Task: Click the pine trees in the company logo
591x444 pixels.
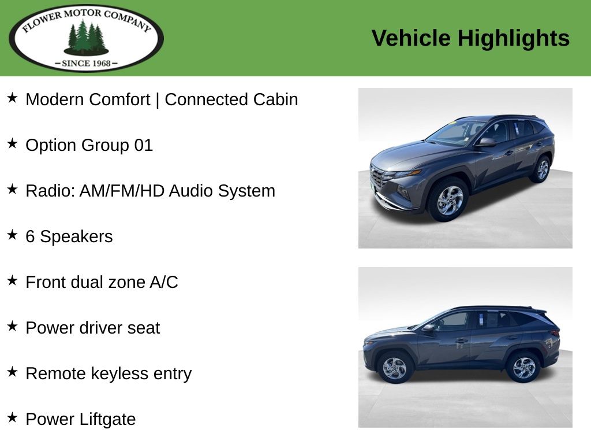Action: [87, 38]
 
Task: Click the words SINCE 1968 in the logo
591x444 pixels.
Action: [87, 64]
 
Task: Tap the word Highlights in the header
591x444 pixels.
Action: [513, 39]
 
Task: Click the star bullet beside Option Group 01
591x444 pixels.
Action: [12, 143]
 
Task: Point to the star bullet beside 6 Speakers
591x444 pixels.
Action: [12, 235]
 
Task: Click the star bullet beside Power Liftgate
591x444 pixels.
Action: [12, 417]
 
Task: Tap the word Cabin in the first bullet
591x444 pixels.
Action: [275, 99]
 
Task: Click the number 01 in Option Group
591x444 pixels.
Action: [144, 145]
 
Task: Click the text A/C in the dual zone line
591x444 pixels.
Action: [163, 282]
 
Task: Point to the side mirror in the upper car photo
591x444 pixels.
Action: [486, 142]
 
